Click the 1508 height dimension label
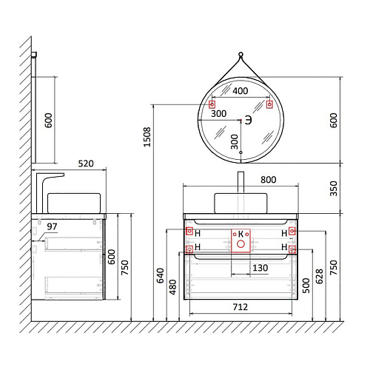pyautogui.click(x=147, y=137)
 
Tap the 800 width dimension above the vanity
pyautogui.click(x=269, y=180)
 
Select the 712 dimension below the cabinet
pyautogui.click(x=240, y=307)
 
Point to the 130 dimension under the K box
pyautogui.click(x=260, y=268)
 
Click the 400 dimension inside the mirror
pyautogui.click(x=240, y=91)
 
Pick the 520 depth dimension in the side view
pyautogui.click(x=86, y=164)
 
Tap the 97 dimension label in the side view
pyautogui.click(x=52, y=226)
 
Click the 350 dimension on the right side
pyautogui.click(x=334, y=189)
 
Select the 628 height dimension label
pyautogui.click(x=320, y=276)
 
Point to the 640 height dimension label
pyautogui.click(x=161, y=275)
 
